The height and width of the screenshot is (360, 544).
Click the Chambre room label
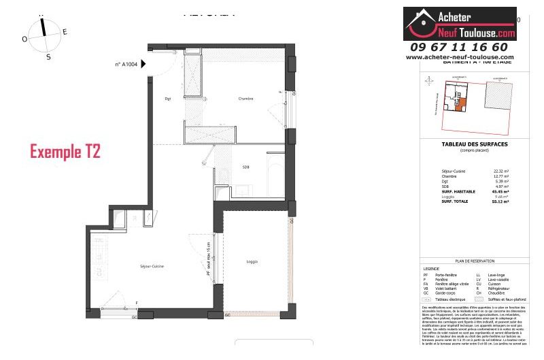245,99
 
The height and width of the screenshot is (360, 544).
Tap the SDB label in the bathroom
245,167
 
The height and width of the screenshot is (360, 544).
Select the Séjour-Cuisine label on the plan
152,266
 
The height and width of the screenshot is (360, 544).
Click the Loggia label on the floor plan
252,262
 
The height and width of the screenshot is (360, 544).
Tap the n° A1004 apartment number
126,65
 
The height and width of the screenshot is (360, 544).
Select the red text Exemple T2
65,152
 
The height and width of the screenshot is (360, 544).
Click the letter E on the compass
65,32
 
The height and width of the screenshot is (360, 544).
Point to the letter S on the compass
48,57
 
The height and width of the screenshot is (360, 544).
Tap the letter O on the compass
24,39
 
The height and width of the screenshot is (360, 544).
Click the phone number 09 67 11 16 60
459,47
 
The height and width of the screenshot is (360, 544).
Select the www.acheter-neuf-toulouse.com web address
460,57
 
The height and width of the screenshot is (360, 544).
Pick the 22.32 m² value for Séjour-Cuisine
500,171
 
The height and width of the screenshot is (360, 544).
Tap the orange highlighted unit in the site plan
460,104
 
